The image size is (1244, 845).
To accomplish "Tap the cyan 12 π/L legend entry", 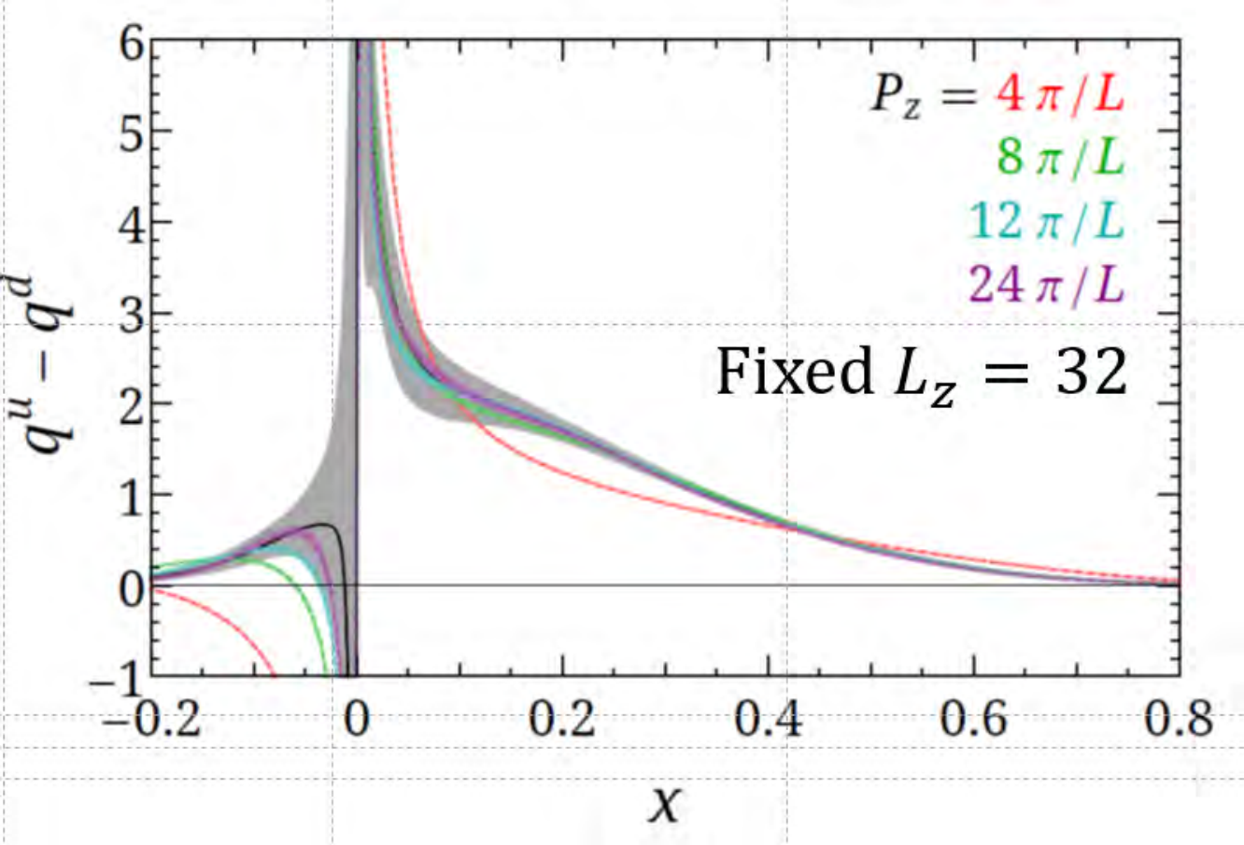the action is (1047, 222).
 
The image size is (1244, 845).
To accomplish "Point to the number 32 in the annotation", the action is (1091, 372).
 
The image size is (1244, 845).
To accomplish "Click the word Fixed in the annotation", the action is (794, 371).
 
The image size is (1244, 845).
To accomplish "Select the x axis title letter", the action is (664, 804).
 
